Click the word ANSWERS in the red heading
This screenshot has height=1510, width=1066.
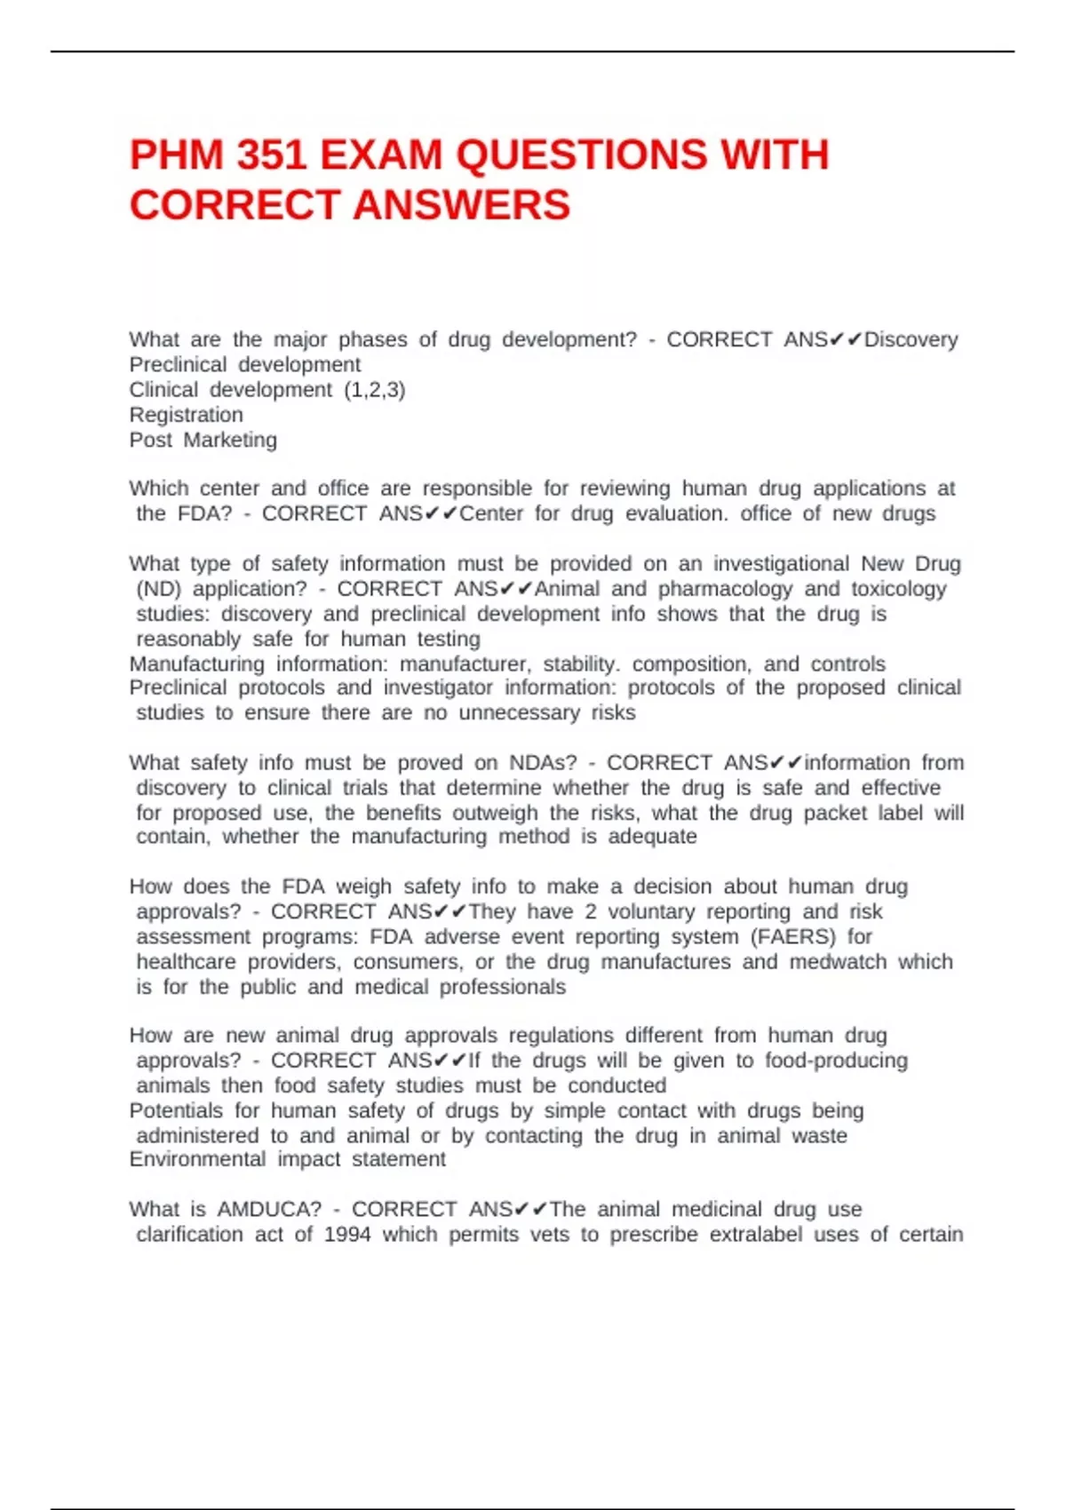[461, 205]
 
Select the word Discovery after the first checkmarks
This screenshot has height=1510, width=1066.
[911, 339]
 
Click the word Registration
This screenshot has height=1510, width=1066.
[186, 415]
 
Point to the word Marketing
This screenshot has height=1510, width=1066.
[230, 440]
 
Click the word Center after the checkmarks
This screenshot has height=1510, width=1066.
[490, 513]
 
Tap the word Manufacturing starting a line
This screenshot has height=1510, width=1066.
[196, 664]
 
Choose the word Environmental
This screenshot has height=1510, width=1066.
[197, 1159]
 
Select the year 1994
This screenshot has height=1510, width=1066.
[347, 1234]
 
